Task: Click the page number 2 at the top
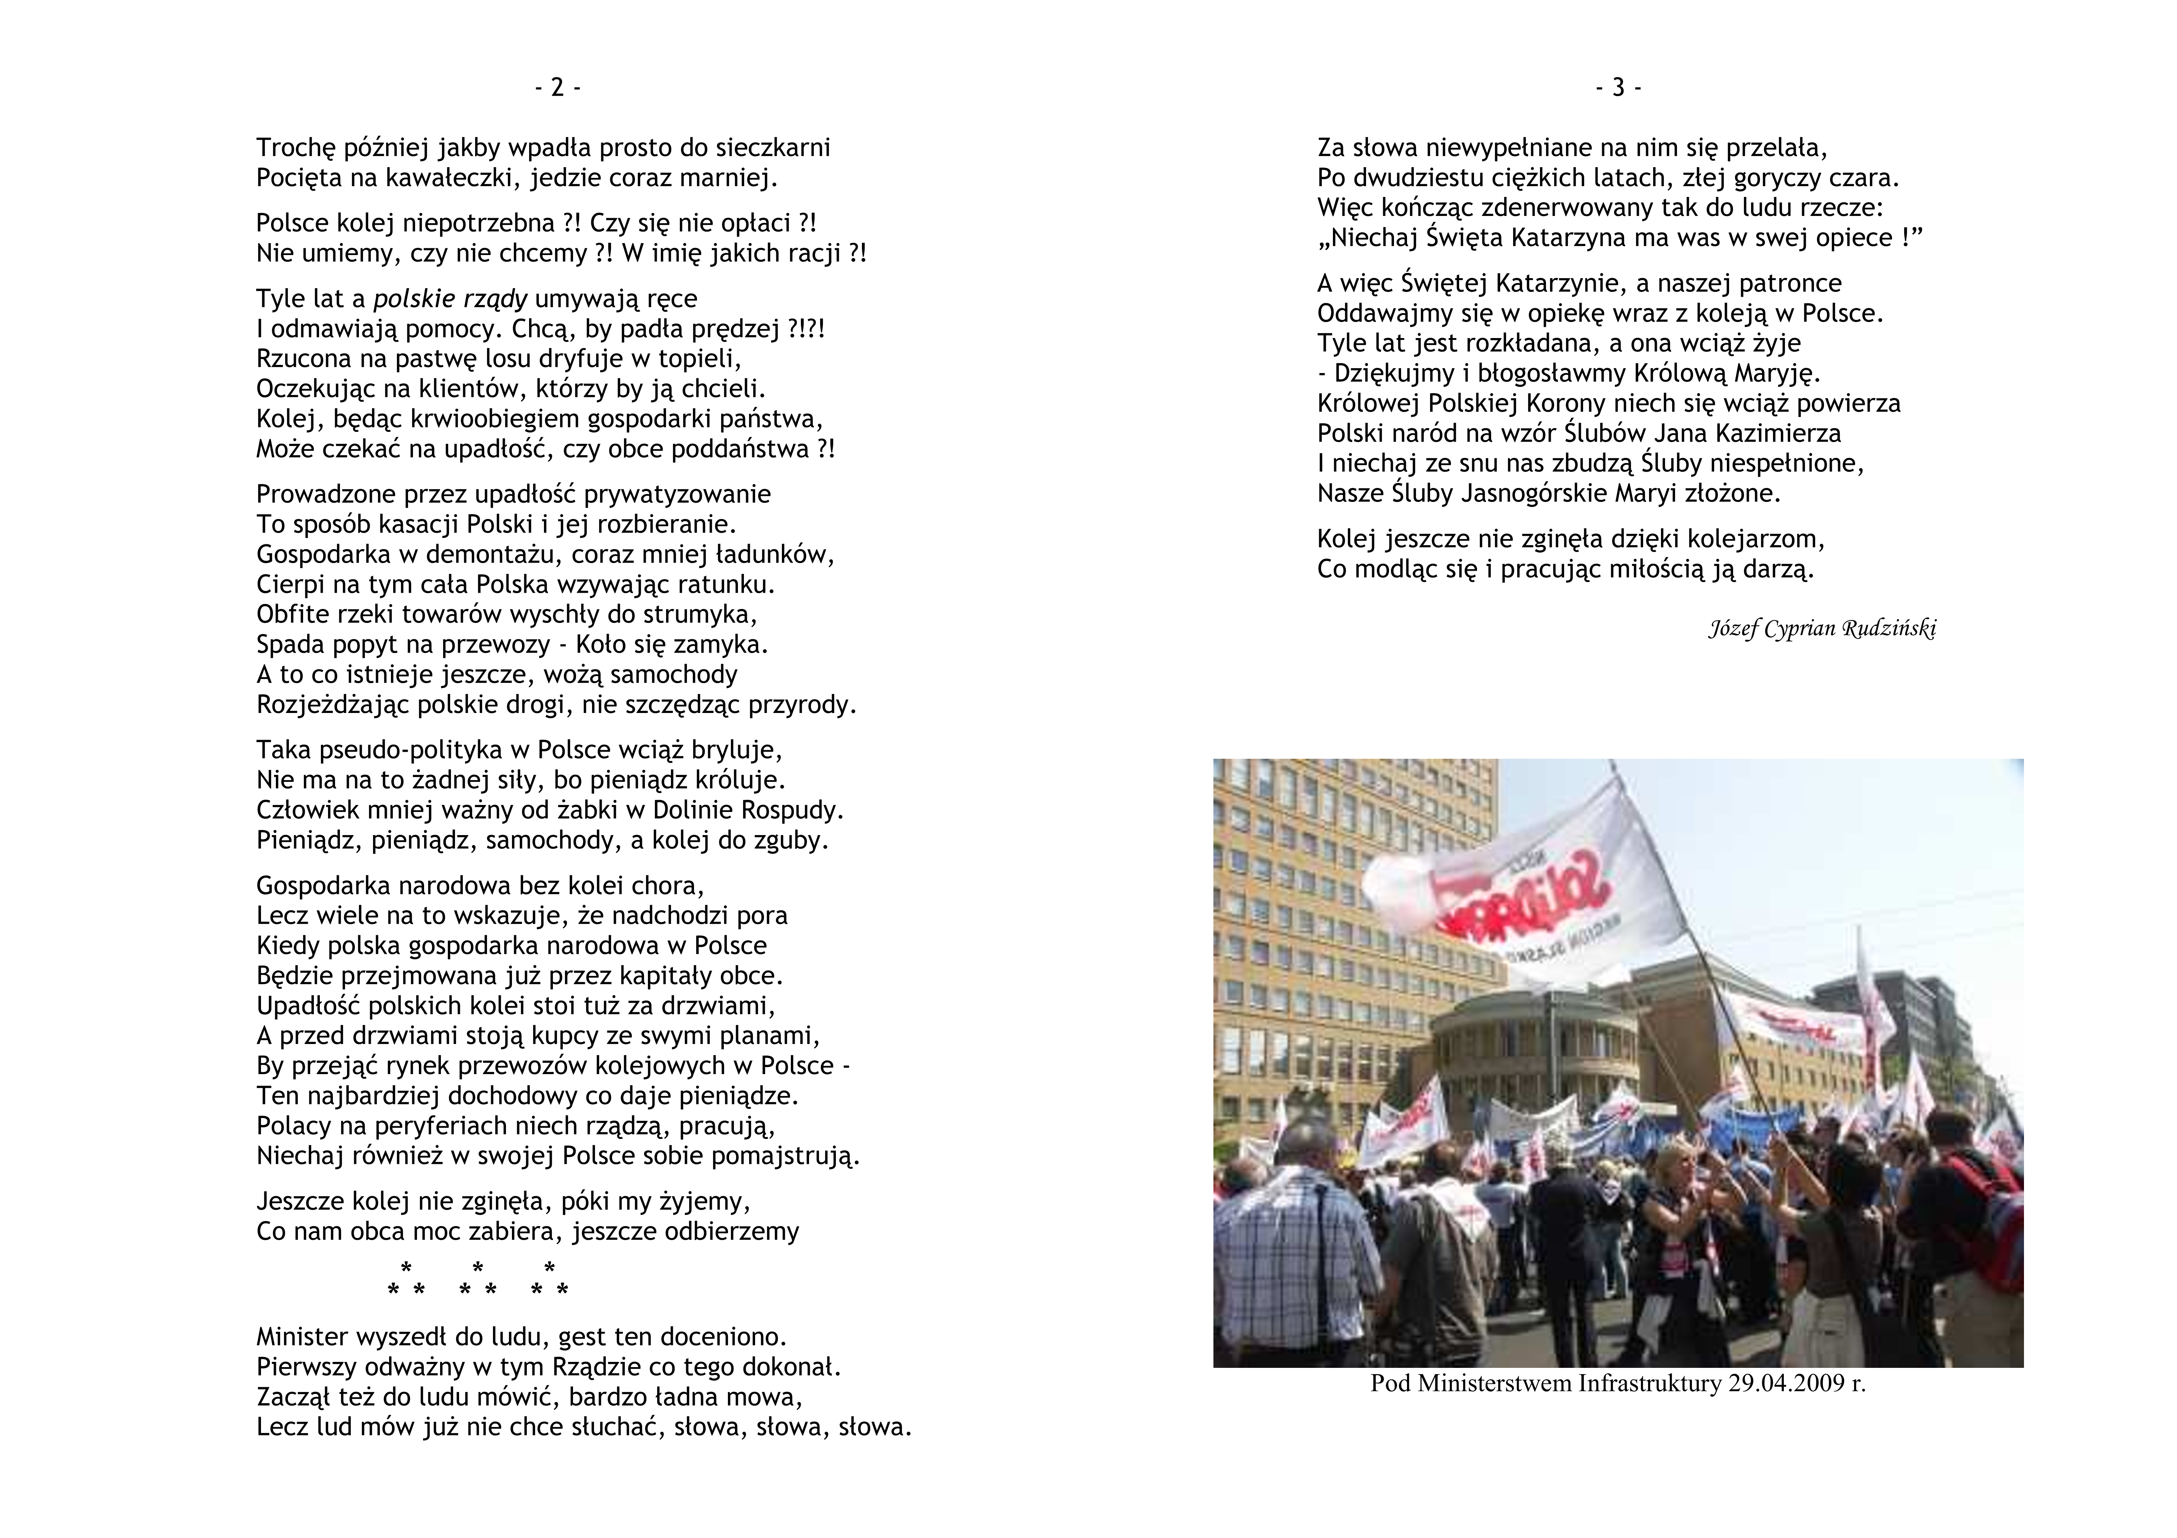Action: [557, 88]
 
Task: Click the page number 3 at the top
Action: [1619, 88]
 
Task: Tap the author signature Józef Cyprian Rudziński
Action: [1821, 629]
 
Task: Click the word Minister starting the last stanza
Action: [302, 1337]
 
